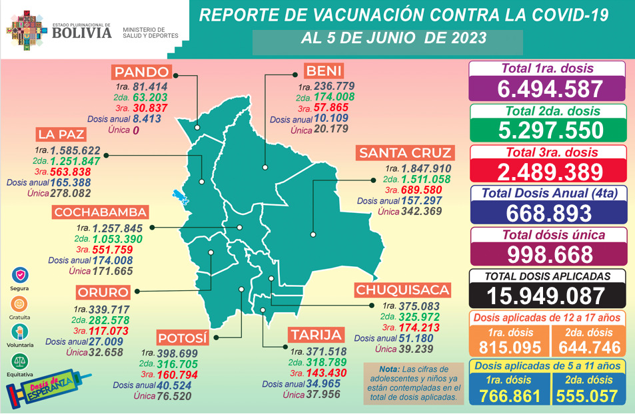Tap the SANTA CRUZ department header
406,153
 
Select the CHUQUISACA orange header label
402,290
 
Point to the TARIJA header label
316,334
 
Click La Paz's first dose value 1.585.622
83,150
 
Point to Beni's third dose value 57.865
334,108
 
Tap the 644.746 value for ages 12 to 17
588,347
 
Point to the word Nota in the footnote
378,369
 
